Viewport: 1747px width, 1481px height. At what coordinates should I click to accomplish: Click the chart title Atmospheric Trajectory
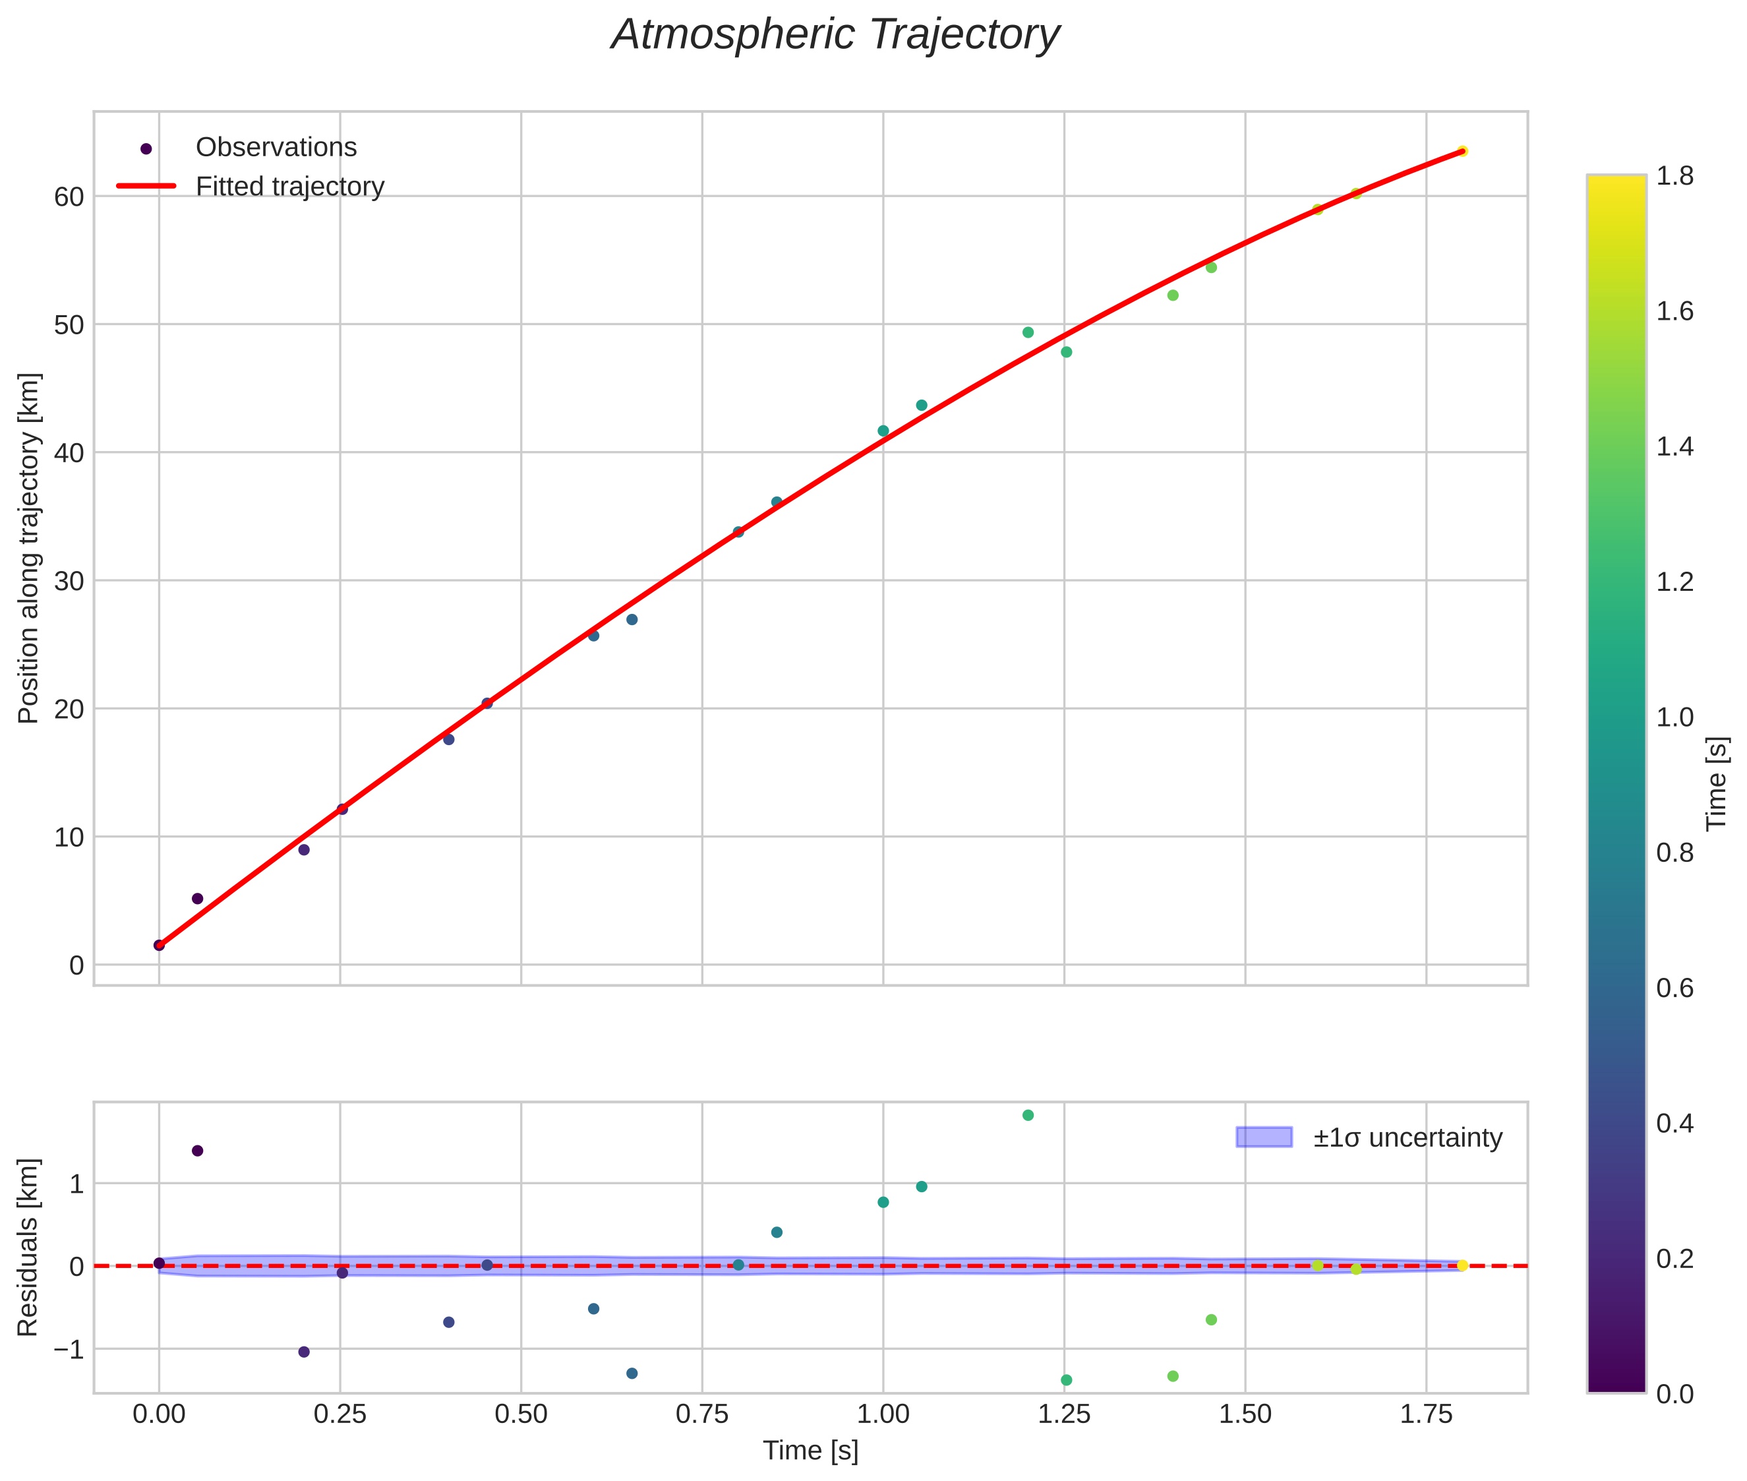click(835, 35)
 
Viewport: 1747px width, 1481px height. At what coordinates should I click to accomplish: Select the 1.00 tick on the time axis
click(882, 1414)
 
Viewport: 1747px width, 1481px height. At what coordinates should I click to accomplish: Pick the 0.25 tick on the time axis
click(340, 1414)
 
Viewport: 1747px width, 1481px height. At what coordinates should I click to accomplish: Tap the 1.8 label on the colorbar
click(1674, 176)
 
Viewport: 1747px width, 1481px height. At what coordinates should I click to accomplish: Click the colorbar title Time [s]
click(1717, 783)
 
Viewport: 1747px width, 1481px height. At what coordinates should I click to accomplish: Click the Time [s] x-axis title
click(810, 1451)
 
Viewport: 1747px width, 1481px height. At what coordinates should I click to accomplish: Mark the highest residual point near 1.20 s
click(1028, 1115)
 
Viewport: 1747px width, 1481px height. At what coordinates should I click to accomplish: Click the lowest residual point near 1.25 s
click(1066, 1379)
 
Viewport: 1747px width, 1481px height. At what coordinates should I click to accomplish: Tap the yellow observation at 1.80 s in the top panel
click(1462, 151)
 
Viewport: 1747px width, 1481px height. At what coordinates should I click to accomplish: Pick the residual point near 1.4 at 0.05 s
click(197, 1150)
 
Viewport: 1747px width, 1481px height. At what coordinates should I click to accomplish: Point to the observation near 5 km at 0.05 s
click(197, 898)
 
